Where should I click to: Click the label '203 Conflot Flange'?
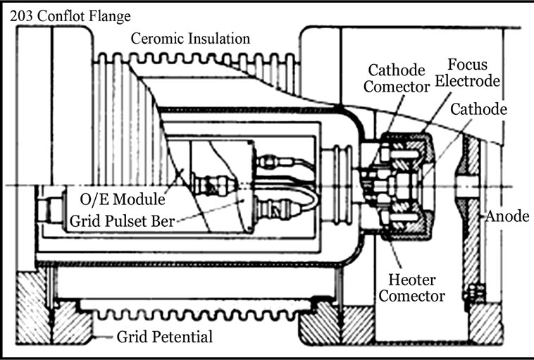tap(66, 15)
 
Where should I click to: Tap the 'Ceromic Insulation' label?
tap(191, 38)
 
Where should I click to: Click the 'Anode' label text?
tap(507, 216)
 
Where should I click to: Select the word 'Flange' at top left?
tap(109, 15)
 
